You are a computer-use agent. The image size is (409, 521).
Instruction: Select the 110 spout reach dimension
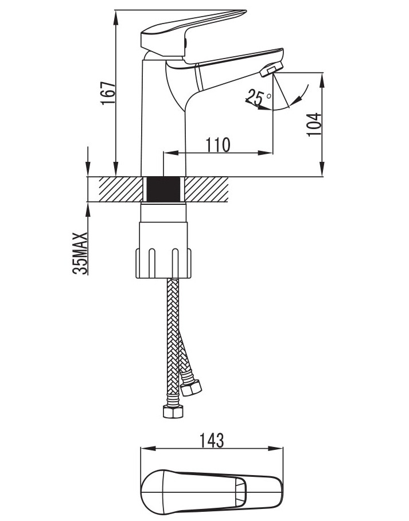218,145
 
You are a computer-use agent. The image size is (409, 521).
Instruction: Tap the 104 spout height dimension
314,124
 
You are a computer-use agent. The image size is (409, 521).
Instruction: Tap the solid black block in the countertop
163,189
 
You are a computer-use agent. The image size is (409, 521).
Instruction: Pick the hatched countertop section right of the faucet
207,189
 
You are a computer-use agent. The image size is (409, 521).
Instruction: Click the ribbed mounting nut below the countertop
163,263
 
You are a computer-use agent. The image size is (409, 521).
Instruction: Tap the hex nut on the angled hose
191,387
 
